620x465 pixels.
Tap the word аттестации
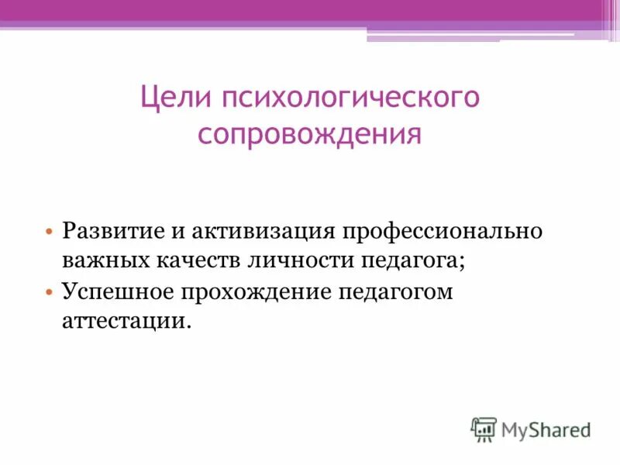pos(126,321)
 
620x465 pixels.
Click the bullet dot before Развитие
pos(49,232)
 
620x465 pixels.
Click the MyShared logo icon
pos(484,429)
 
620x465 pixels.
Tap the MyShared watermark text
pos(546,429)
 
